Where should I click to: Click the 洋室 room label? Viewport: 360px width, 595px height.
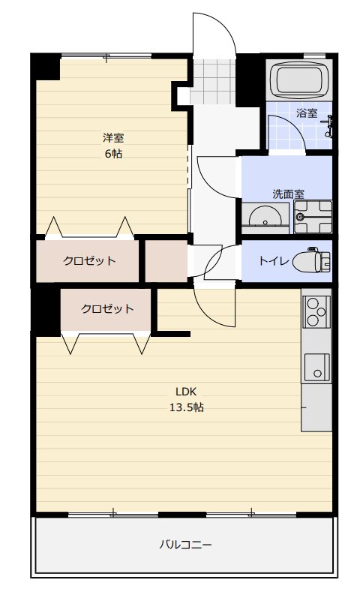(x=113, y=137)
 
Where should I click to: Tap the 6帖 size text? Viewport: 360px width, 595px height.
(x=113, y=154)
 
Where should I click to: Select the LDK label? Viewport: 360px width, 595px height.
(x=186, y=391)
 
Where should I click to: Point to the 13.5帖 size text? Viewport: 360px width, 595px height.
(x=186, y=407)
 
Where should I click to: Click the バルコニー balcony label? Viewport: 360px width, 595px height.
(x=185, y=545)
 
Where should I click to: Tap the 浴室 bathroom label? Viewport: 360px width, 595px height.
(x=307, y=113)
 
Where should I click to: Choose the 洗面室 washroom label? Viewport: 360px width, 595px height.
(x=288, y=194)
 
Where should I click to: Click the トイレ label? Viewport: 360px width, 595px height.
(x=274, y=260)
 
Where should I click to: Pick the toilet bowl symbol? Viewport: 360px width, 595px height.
(x=311, y=260)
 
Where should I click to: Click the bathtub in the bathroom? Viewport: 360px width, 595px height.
(x=298, y=80)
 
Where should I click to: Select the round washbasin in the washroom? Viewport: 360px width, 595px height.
(x=265, y=217)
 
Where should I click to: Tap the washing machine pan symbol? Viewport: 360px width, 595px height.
(x=313, y=217)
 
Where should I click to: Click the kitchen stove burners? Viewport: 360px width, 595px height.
(x=316, y=312)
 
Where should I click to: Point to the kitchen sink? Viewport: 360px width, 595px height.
(x=317, y=367)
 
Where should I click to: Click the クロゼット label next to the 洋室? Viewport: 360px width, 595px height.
(x=89, y=260)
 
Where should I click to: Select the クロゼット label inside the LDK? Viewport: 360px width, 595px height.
(x=107, y=308)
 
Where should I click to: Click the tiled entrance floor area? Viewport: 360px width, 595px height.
(x=212, y=82)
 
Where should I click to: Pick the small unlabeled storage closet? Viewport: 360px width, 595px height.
(x=166, y=261)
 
